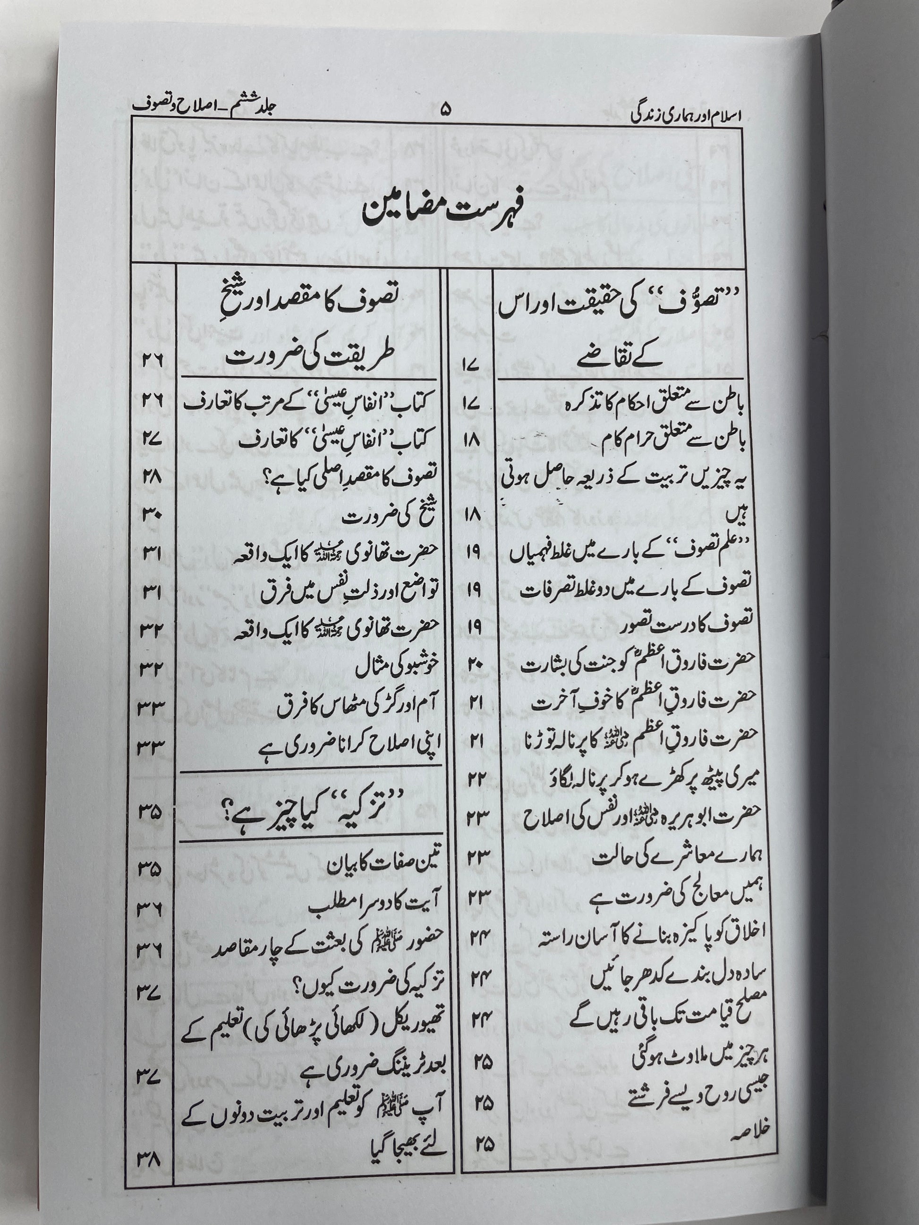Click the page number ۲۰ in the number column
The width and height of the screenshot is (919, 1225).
pos(475,664)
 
